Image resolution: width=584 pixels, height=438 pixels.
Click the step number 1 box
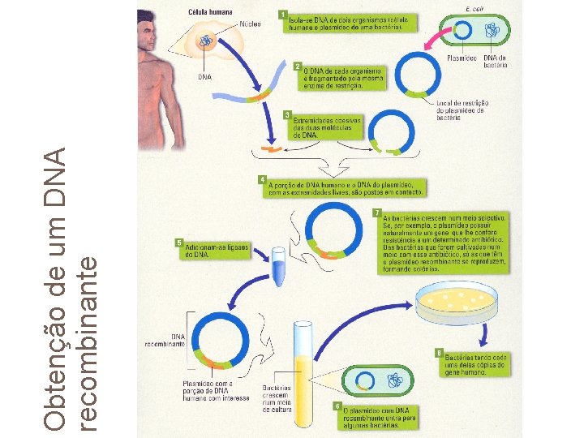[281, 15]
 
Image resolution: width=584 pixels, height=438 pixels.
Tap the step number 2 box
[298, 66]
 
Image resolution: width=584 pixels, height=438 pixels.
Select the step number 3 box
[286, 115]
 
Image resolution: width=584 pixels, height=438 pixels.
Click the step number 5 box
[179, 243]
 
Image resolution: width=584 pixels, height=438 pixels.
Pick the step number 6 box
[337, 406]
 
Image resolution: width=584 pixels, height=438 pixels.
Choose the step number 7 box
[376, 213]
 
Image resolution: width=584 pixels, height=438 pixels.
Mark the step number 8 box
[439, 353]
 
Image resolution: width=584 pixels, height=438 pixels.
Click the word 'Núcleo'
[250, 25]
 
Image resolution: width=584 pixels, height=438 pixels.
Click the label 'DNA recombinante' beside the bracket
[166, 338]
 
